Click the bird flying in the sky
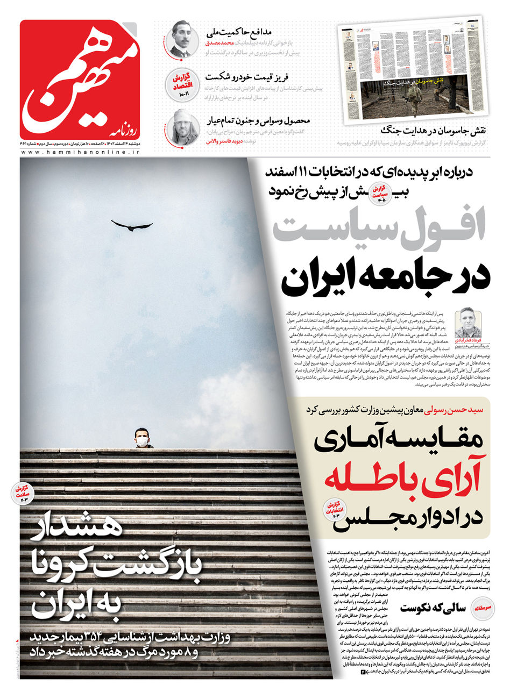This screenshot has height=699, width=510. point(131,225)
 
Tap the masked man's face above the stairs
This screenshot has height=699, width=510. point(141,439)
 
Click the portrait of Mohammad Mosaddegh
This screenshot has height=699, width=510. point(182,39)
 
